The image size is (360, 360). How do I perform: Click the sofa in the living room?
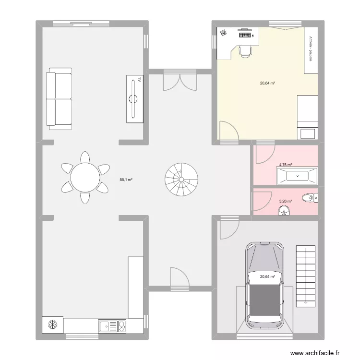click(59, 99)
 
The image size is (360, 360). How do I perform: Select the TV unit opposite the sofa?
click(135, 99)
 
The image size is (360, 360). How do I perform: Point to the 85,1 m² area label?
click(126, 180)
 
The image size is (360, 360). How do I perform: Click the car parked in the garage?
click(264, 286)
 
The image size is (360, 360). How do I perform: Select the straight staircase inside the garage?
click(306, 276)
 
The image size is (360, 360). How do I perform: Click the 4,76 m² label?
click(286, 165)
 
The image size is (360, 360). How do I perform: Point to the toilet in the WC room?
click(309, 197)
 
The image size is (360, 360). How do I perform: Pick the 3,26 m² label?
click(286, 202)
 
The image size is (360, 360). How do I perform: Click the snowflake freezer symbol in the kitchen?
click(51, 325)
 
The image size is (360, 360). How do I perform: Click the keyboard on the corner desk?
click(245, 35)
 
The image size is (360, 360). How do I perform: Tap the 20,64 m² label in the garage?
click(267, 276)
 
